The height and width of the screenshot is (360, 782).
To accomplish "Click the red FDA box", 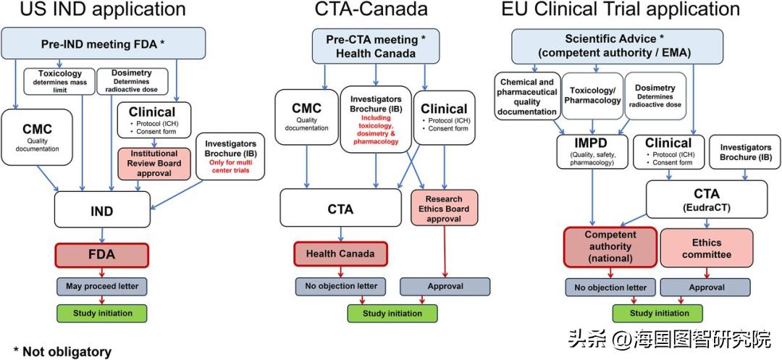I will pos(101,255).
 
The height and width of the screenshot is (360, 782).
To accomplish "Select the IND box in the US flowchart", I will pos(101,211).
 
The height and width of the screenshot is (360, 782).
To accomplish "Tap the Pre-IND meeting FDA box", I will pos(101,43).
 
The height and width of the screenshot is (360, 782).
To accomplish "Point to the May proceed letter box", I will pos(101,285).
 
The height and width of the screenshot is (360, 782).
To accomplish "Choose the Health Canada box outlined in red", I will pos(340,254).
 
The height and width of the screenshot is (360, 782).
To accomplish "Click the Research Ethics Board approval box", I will pos(443,209).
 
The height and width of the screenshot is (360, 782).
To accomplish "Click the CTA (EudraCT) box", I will pos(706,200).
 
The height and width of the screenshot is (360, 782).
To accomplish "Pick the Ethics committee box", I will pos(706,248).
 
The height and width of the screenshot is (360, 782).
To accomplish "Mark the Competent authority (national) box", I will pos(610,246).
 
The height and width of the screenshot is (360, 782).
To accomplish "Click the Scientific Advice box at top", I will pos(628,46).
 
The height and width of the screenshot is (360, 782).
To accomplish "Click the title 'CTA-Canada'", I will pos(371,9).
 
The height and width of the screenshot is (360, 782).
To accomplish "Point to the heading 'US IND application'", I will pos(92,9).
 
